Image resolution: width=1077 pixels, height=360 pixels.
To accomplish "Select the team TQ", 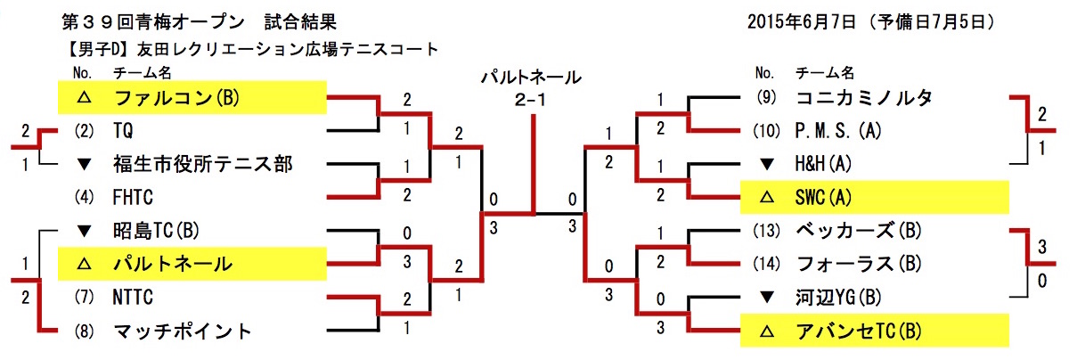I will (x=124, y=131).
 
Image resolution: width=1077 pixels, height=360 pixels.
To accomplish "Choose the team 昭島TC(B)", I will (x=158, y=230).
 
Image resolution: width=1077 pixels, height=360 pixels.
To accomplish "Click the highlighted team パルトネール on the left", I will (x=172, y=264).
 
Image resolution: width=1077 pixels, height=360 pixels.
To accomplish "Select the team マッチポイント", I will (x=183, y=331).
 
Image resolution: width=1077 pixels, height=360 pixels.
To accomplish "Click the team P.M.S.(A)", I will (x=836, y=131).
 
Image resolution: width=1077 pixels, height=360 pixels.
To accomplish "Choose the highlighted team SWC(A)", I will (x=827, y=197).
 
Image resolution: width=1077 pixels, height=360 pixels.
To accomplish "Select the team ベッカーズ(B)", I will (x=857, y=230).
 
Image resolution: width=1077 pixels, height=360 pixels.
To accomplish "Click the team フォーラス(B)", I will (x=857, y=264).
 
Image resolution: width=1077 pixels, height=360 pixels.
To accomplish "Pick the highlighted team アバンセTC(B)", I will (x=857, y=331).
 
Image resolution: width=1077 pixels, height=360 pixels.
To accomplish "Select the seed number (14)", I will (x=766, y=264).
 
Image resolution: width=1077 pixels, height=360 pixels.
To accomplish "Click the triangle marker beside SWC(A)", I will (x=765, y=197).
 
